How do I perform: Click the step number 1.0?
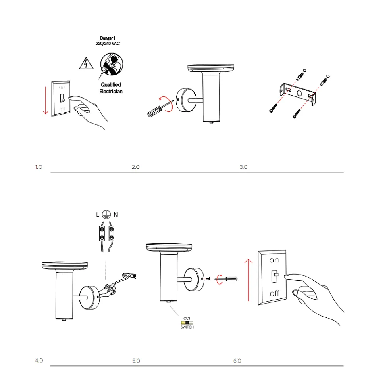[38, 167]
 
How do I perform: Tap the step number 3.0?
[243, 167]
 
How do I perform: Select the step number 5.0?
[136, 361]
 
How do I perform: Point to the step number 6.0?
[237, 361]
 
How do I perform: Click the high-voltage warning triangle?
[86, 63]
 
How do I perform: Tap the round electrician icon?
[111, 64]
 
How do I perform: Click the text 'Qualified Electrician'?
[111, 88]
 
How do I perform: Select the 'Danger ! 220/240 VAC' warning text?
[108, 41]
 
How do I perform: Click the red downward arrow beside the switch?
[46, 100]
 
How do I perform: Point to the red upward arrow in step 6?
[248, 280]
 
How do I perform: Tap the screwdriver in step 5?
[226, 279]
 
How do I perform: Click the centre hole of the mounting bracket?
[299, 94]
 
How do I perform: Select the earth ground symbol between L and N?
[106, 215]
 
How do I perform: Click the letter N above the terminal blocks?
[116, 215]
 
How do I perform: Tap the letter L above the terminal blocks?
[98, 215]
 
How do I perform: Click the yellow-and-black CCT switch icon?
[187, 323]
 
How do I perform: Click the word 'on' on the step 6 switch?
[274, 260]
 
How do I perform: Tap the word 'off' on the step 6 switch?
[275, 293]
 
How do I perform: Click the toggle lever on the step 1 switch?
[62, 98]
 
